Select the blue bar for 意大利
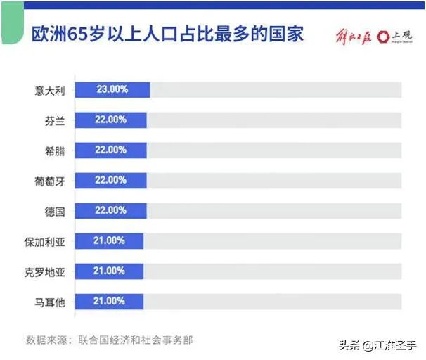112,90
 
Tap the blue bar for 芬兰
111,120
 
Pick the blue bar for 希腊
111,150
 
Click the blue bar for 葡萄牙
111,181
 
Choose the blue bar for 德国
111,211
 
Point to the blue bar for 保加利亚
109,241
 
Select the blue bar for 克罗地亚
109,271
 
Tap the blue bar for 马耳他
109,302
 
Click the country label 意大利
49,90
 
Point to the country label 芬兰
54,120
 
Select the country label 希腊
54,150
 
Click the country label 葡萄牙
49,181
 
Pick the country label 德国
54,211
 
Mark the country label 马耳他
49,302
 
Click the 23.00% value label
111,90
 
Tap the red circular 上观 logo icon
385,36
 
